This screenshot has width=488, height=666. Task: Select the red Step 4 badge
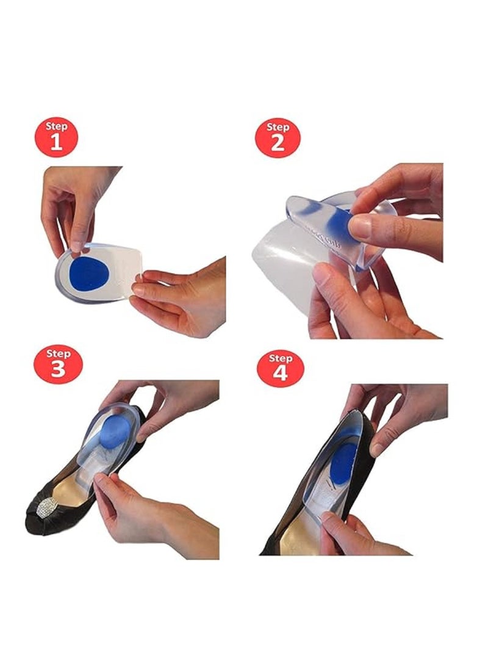(280, 367)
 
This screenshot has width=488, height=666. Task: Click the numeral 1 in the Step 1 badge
(57, 143)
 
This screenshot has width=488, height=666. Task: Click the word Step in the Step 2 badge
(278, 127)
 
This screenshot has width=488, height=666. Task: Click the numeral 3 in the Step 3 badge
(57, 370)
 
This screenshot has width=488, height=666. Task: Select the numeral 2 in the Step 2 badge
(278, 143)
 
